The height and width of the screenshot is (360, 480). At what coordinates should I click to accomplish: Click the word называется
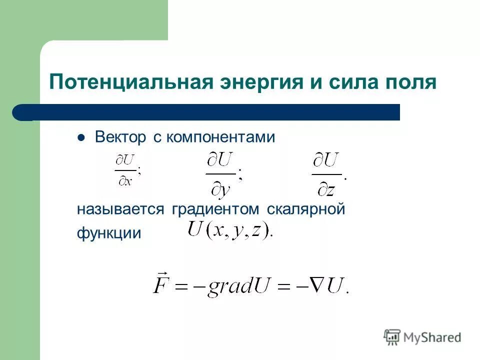(120, 209)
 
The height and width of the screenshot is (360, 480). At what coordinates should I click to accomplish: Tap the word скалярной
(306, 209)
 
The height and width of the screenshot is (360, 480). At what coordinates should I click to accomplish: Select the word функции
(109, 233)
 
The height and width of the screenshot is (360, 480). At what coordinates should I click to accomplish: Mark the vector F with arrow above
(161, 283)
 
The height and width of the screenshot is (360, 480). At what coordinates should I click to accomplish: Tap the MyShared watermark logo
(422, 337)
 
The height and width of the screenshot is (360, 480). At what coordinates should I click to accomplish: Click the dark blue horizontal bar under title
(210, 112)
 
